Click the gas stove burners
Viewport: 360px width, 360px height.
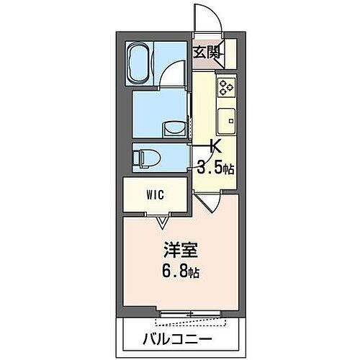[x=227, y=86]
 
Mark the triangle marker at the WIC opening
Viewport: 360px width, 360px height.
[x=161, y=221]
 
